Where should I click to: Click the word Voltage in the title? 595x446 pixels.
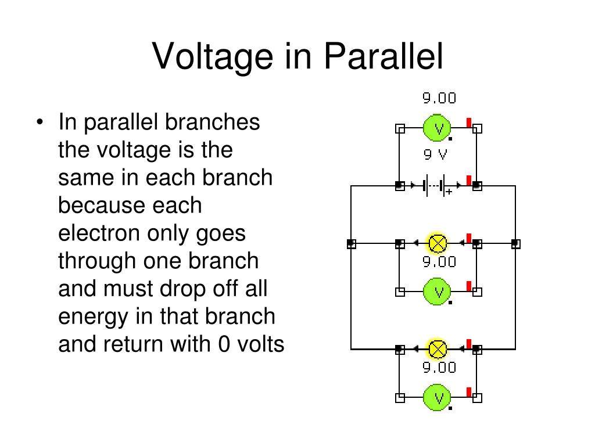(x=213, y=57)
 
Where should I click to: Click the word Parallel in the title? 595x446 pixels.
(x=383, y=56)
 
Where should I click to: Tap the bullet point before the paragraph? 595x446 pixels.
(x=40, y=122)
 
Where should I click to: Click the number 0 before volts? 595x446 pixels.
(x=224, y=344)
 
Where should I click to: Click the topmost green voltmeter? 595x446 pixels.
(x=437, y=128)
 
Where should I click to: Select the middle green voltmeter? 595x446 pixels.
(x=437, y=292)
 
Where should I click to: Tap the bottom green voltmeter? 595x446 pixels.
(x=437, y=397)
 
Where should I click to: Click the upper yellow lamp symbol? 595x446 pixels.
(x=437, y=243)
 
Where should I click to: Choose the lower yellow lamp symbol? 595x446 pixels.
(x=437, y=349)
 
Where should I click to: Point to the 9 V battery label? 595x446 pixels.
(x=436, y=154)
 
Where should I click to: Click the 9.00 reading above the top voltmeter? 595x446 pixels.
(x=439, y=98)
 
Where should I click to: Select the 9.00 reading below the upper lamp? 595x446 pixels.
(x=439, y=262)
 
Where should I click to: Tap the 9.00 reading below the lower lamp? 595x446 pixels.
(x=439, y=368)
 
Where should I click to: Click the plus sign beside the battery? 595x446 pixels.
(x=449, y=192)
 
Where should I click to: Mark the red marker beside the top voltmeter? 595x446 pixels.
(x=469, y=123)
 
